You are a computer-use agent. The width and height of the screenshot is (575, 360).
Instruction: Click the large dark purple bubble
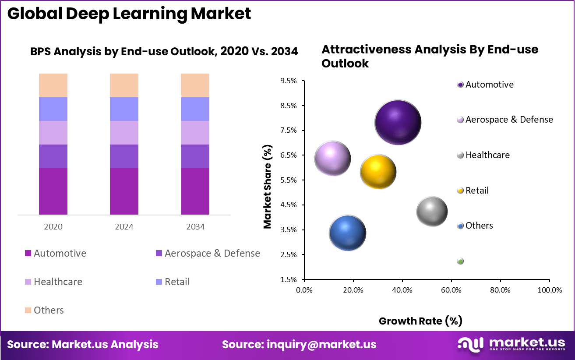[x=398, y=123]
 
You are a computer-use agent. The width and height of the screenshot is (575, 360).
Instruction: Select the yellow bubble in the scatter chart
[x=378, y=172]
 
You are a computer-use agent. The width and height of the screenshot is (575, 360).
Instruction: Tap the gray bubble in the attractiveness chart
[x=432, y=212]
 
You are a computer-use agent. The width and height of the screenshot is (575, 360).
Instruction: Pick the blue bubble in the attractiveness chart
[x=347, y=233]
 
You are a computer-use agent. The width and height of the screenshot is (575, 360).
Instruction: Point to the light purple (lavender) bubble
[x=333, y=159]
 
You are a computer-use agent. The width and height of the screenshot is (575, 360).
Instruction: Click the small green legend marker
[x=460, y=261]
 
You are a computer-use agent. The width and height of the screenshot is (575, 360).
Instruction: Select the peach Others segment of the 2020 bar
[x=53, y=85]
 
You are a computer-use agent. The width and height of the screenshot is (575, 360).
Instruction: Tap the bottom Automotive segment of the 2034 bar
[x=195, y=191]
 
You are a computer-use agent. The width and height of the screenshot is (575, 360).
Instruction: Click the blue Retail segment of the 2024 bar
[x=124, y=109]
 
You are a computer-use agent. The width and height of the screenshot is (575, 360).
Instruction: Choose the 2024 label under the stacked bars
[x=124, y=227]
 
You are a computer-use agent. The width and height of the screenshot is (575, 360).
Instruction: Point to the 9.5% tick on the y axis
[x=288, y=81]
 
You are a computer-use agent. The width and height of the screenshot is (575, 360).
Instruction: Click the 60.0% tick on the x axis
[x=451, y=290]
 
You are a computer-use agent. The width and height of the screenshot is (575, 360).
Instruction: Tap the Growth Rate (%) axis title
[x=420, y=321]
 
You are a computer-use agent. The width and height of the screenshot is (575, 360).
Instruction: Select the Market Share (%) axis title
[x=268, y=187]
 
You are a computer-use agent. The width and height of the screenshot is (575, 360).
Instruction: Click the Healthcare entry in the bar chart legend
[x=58, y=282]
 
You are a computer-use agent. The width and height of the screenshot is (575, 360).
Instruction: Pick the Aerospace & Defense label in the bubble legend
[x=509, y=120]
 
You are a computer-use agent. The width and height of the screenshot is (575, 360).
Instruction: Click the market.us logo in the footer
[x=511, y=344]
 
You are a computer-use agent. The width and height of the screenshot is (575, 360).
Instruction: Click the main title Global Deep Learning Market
[x=129, y=14]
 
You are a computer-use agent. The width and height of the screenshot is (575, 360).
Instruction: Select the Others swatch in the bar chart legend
[x=28, y=311]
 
